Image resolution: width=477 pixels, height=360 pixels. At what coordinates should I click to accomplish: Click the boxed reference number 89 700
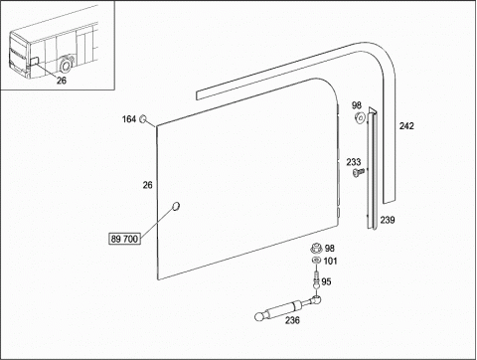coord(124,239)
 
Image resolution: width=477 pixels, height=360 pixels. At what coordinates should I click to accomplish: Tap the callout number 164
coord(129,119)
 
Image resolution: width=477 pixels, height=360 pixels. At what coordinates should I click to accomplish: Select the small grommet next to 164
coord(143,118)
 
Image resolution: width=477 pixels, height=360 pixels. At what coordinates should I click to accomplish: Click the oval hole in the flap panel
coord(176,206)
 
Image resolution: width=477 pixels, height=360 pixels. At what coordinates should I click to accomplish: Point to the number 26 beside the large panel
coord(148,185)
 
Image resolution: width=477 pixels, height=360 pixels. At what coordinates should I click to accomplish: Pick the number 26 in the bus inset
coord(62,81)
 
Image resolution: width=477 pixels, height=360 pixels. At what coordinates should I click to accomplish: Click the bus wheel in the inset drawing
coord(66,66)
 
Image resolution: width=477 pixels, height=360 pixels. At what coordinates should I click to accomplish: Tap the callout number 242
coord(406,126)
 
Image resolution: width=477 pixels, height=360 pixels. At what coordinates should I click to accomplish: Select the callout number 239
coord(388,220)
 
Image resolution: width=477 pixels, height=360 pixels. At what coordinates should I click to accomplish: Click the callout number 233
coord(354,162)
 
